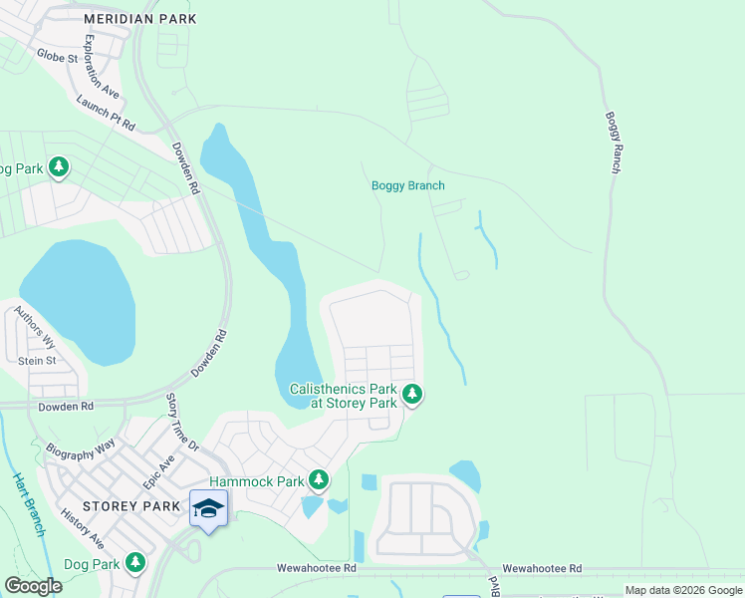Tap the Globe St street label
coord(57,57)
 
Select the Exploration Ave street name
coord(102,67)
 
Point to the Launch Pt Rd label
coord(105,115)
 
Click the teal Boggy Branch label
coord(407,185)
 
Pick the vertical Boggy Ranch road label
coord(613,143)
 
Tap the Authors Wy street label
coord(35,326)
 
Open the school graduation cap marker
coord(209,508)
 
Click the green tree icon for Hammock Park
coord(319,481)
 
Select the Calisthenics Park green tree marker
coord(412,395)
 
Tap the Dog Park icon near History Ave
coord(135,564)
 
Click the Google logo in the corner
coord(33,585)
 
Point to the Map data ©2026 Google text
coord(682,590)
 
